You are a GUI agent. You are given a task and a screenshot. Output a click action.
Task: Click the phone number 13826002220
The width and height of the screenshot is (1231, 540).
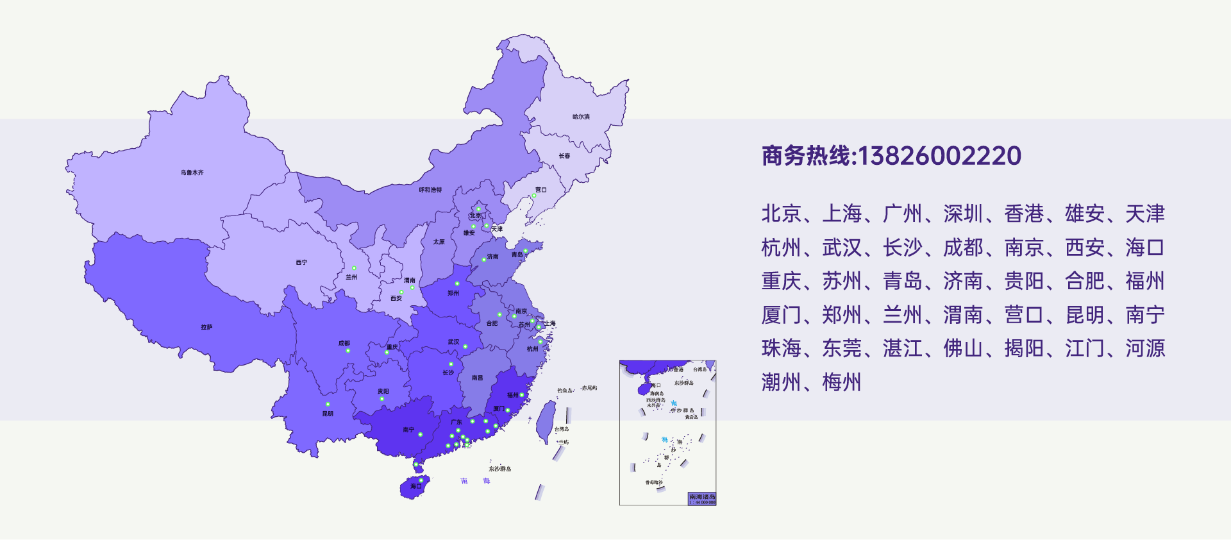coord(939,156)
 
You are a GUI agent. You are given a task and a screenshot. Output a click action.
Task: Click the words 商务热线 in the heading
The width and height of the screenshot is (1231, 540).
coord(805,156)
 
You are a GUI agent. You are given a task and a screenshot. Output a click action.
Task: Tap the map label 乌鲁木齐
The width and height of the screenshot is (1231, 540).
coord(192,173)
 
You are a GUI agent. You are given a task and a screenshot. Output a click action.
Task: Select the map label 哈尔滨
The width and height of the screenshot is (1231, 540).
coord(581,117)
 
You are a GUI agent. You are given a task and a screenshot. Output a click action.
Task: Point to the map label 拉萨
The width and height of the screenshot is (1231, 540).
coord(206,327)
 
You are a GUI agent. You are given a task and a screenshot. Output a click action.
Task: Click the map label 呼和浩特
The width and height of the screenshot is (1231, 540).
coord(430,190)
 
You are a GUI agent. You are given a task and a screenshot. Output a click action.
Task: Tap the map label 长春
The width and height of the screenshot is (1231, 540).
coord(564,156)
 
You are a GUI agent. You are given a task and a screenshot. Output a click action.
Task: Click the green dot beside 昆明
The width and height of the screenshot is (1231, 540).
coord(328,404)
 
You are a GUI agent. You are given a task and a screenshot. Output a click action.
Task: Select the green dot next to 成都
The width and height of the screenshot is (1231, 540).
coord(348,351)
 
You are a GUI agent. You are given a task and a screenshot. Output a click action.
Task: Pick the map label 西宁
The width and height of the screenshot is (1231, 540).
coord(301,262)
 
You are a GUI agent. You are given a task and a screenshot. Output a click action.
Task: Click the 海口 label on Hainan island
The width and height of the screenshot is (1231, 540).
coord(416,486)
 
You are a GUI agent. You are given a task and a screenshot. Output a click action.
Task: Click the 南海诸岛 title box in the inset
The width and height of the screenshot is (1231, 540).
coord(701,497)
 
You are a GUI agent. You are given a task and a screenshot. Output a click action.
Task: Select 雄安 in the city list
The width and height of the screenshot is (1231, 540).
coord(1084,214)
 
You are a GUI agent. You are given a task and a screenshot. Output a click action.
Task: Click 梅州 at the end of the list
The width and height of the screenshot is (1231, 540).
coord(841,382)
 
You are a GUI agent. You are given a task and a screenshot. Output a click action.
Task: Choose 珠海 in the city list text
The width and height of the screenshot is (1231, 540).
coord(781,348)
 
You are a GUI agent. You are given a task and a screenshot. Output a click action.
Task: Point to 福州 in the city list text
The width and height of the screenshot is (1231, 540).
coord(1144,281)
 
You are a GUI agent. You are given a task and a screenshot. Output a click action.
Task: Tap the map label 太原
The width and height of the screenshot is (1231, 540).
coord(439,242)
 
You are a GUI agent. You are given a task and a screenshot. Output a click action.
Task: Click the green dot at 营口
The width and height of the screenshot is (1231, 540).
coord(533,196)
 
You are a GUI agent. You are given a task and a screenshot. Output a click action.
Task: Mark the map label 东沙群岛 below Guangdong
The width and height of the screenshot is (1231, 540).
coord(500,469)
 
